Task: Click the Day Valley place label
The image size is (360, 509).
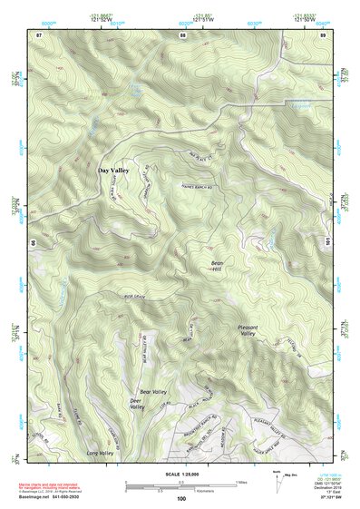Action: point(113,169)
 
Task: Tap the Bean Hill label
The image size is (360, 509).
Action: point(217,268)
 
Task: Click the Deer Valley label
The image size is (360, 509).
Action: point(137,404)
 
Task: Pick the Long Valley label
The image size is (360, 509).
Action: point(99,452)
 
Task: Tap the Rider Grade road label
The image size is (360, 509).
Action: point(135,294)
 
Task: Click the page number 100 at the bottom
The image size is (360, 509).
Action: point(181,498)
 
